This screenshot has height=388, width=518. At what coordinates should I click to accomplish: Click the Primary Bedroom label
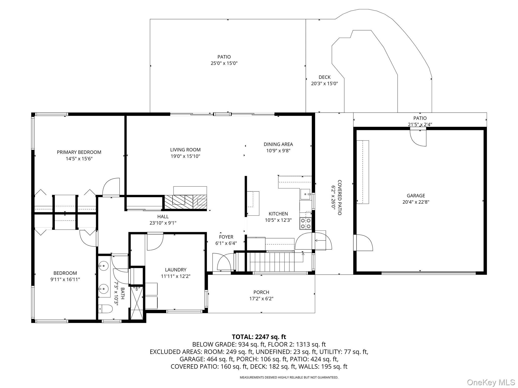coord(79,152)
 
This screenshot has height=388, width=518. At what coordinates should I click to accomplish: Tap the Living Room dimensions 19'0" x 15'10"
coord(185,156)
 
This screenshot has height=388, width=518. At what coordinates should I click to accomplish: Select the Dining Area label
coord(278,144)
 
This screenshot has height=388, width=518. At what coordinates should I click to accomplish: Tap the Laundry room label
coord(176,270)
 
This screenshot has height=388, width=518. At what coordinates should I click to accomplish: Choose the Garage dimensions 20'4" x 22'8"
coord(416,202)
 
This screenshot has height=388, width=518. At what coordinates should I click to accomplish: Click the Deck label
coord(325,77)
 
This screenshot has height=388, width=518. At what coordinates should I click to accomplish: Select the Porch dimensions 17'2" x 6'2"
coord(261,299)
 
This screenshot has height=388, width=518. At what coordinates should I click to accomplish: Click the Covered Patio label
coord(340,198)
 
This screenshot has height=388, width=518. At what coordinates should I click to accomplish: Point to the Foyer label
coord(226,237)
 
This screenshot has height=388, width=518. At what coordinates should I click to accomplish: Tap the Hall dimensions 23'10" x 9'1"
coord(163,223)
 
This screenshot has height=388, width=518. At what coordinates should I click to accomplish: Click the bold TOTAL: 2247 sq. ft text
coord(259,337)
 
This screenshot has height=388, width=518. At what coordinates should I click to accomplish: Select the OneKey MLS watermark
coord(491,382)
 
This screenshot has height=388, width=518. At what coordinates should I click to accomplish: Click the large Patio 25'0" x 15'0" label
coord(224,60)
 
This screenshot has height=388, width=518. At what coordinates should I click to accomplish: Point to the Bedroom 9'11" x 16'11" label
coord(65,276)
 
